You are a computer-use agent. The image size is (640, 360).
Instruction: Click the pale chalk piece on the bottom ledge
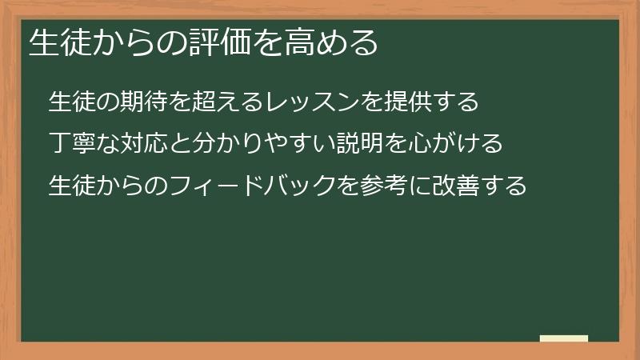[x=564, y=338]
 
